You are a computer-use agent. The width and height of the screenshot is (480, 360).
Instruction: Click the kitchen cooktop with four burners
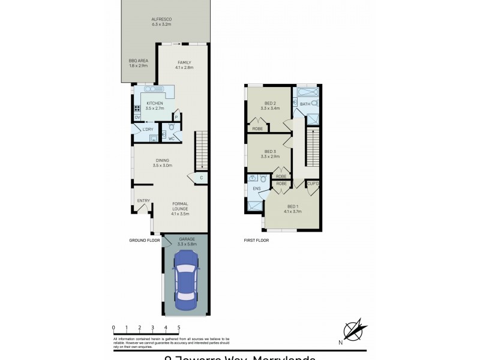tap(137, 109)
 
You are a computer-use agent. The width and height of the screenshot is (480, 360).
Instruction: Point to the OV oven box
tap(137, 117)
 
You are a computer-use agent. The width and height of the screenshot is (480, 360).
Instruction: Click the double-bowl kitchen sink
tap(150, 89)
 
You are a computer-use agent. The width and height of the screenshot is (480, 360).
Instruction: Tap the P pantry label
tap(176, 117)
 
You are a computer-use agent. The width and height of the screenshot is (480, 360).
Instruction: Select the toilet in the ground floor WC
tap(172, 128)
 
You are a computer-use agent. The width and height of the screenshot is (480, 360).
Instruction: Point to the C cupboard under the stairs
tap(201, 178)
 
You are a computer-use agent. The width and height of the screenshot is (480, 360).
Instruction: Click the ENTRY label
tap(143, 201)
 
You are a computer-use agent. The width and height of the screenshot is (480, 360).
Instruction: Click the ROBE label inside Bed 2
tap(257, 128)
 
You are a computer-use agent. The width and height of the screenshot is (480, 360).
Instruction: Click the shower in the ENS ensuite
tap(255, 206)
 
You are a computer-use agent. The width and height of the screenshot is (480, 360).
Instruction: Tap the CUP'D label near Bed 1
tap(313, 184)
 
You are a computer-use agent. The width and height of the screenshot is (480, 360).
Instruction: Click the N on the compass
tap(340, 343)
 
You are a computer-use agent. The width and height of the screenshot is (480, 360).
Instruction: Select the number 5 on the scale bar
tap(179, 328)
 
